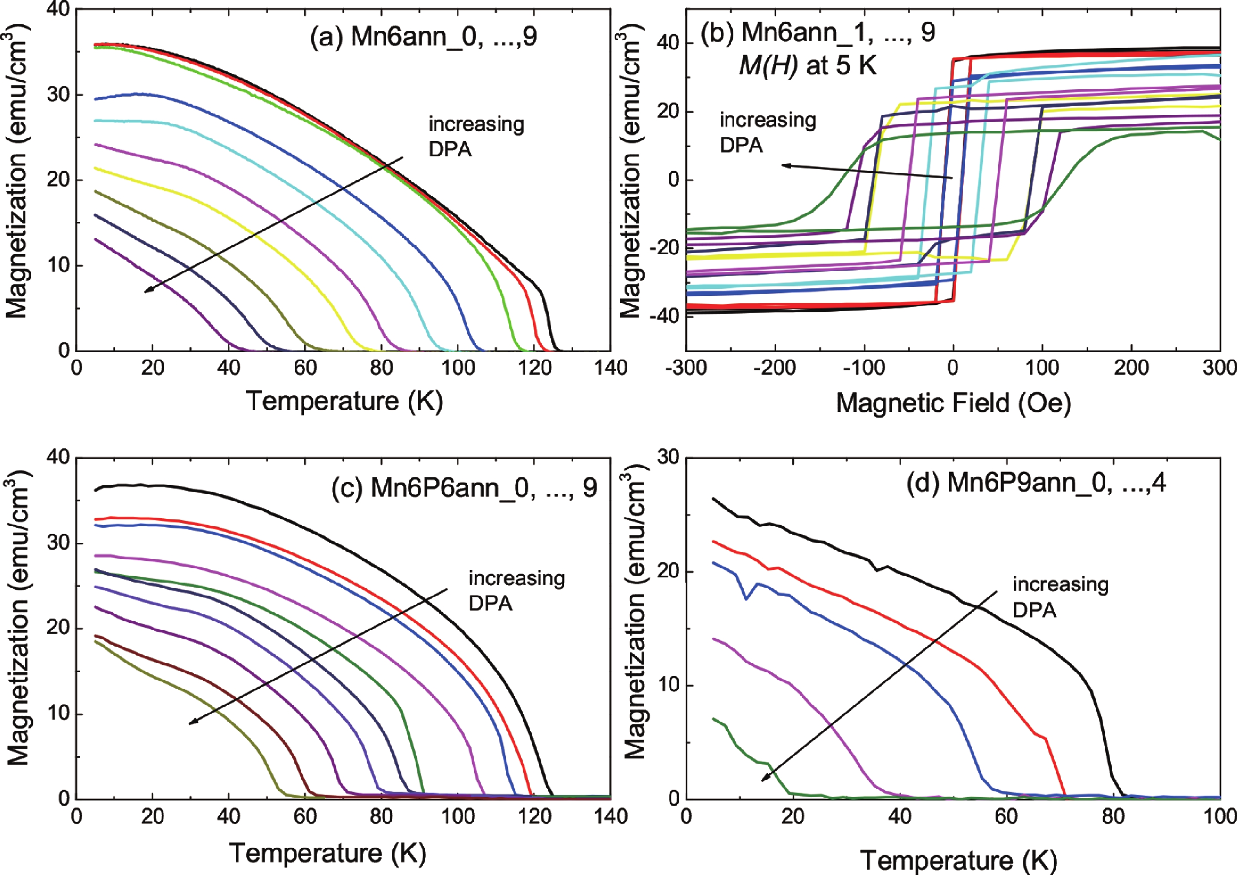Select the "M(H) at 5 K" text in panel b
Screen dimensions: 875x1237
807,66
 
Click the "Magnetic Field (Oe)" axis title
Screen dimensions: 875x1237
953,403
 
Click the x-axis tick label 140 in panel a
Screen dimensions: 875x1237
610,368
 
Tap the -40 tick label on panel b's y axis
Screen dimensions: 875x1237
662,316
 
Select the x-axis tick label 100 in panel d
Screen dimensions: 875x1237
1219,817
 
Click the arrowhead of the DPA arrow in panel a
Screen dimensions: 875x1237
146,291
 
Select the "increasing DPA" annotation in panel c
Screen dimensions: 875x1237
516,590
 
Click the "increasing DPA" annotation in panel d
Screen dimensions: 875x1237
1060,597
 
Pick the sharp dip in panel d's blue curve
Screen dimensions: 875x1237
746,599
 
